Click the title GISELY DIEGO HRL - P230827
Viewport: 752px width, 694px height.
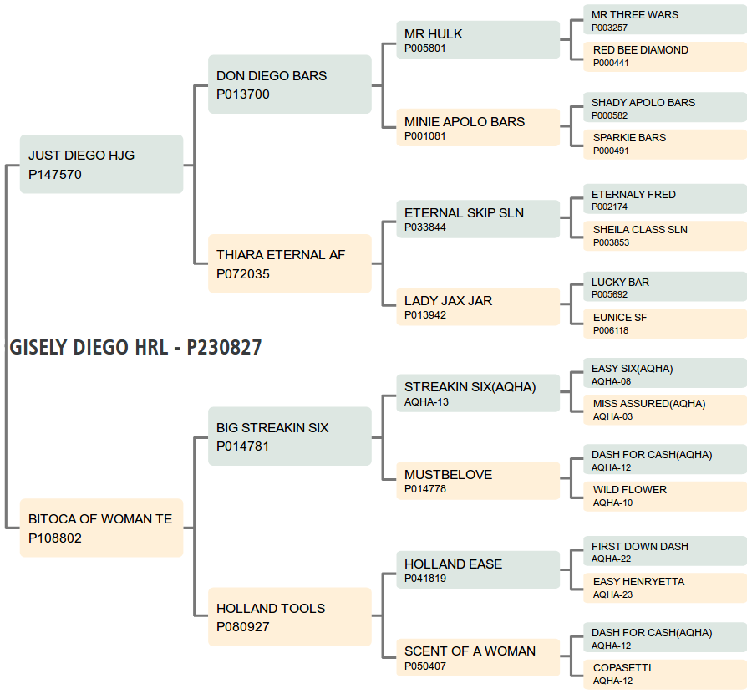135,348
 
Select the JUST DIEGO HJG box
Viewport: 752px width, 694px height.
102,164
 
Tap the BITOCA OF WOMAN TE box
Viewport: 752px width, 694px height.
102,528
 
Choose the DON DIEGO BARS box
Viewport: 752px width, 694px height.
290,84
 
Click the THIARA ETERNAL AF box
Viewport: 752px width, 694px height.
290,263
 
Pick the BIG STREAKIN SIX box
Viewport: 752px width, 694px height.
290,436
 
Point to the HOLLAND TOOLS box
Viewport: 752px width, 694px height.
290,617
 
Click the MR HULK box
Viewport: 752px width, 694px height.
478,40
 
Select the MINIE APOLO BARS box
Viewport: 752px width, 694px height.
478,128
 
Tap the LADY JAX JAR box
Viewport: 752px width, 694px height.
478,307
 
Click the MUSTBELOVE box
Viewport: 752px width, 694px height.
478,481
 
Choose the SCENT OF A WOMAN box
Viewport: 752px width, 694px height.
478,657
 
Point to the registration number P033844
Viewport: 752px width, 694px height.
425,227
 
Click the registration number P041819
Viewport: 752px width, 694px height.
425,579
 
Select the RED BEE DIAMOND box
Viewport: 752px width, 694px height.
665,57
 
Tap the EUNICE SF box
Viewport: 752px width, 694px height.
665,324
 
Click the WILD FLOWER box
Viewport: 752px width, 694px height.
665,497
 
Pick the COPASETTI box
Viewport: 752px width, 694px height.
665,674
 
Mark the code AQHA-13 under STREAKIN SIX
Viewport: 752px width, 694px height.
426,402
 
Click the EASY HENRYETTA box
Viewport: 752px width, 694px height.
665,589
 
